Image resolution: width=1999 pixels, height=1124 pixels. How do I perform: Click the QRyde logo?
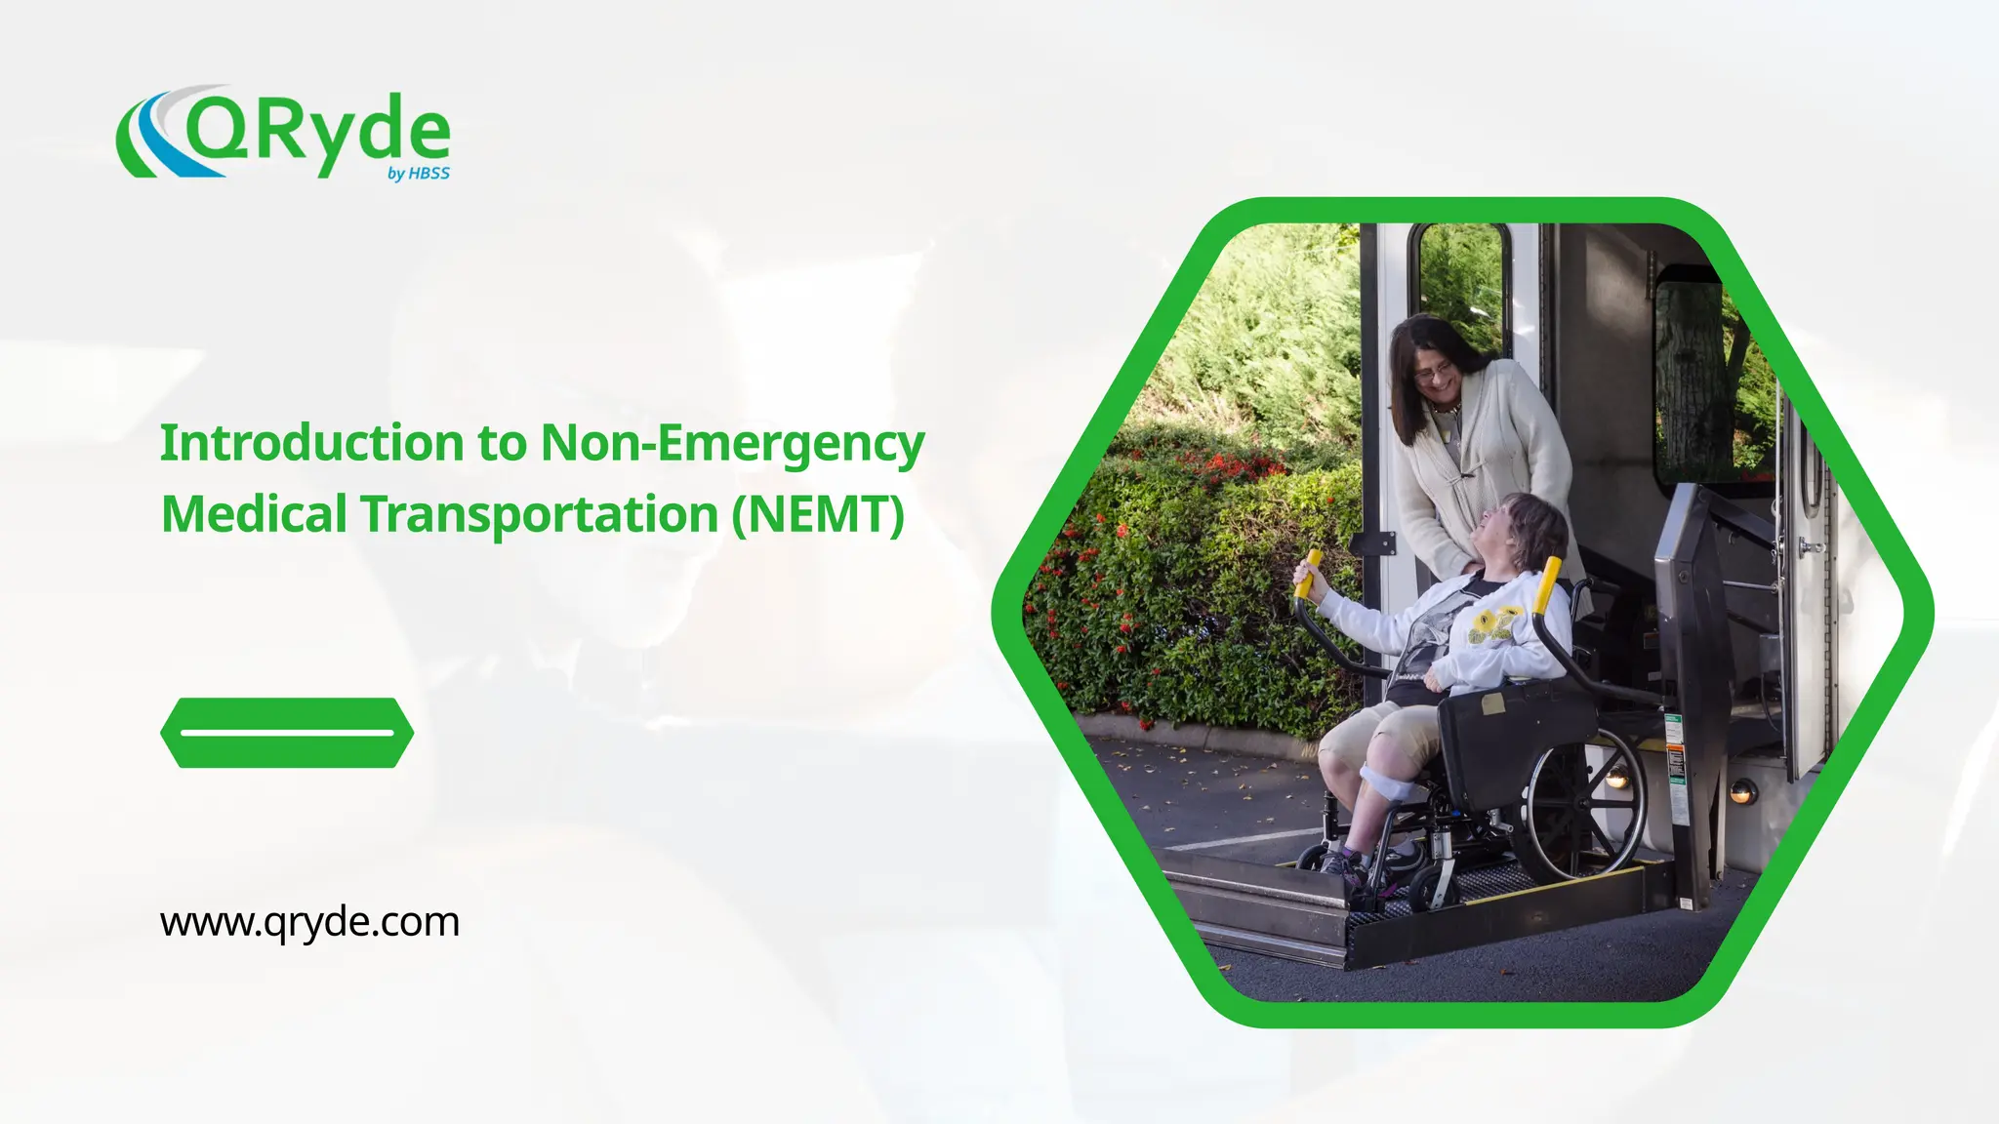pyautogui.click(x=283, y=134)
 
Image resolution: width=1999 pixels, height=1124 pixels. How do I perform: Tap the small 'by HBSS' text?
pyautogui.click(x=419, y=174)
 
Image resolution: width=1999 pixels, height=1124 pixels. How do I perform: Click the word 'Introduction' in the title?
pyautogui.click(x=312, y=443)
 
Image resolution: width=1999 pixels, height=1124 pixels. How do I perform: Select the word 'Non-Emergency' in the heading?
pyautogui.click(x=732, y=443)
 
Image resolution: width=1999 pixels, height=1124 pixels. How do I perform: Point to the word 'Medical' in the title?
pyautogui.click(x=254, y=514)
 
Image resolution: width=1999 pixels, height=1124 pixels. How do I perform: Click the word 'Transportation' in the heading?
pyautogui.click(x=539, y=514)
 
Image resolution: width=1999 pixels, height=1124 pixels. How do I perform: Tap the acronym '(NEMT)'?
pyautogui.click(x=818, y=514)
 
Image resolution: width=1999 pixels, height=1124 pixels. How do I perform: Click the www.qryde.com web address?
pyautogui.click(x=309, y=921)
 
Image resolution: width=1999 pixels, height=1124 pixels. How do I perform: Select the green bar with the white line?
pyautogui.click(x=287, y=732)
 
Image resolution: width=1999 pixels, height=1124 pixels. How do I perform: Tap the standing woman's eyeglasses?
pyautogui.click(x=1433, y=372)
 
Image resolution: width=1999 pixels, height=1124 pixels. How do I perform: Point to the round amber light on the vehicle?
pyautogui.click(x=1743, y=791)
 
